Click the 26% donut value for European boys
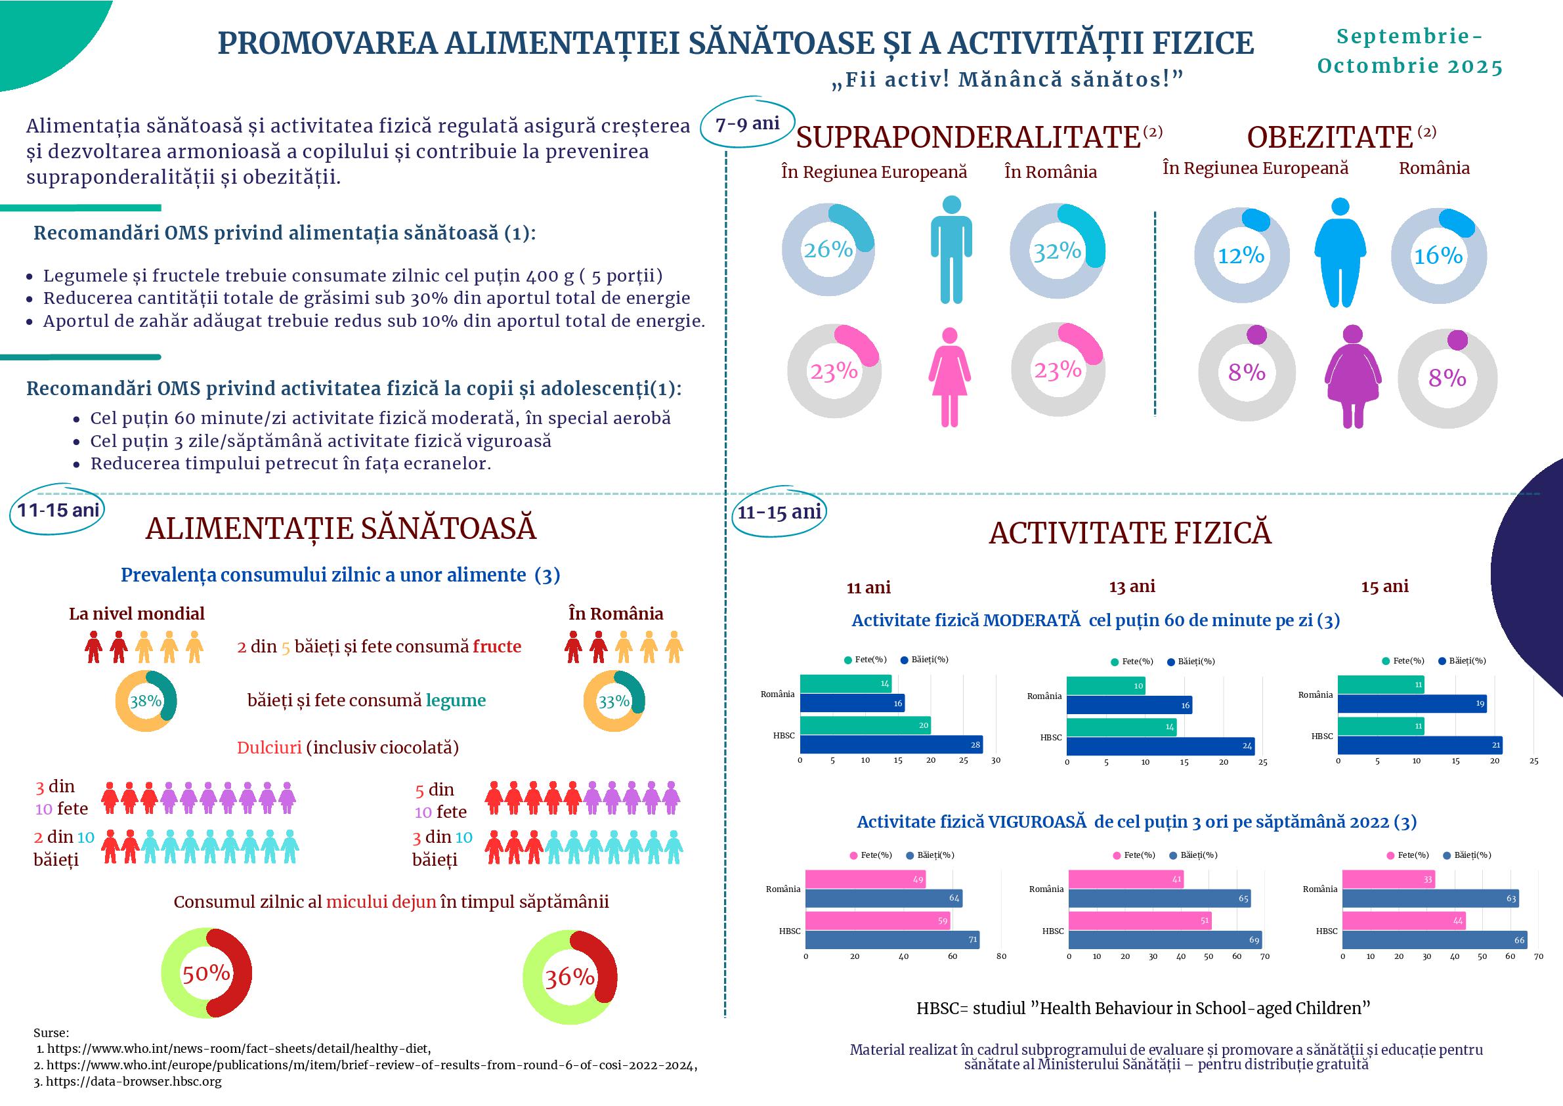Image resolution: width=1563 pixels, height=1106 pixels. (x=828, y=250)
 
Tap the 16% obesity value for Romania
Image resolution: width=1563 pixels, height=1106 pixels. (x=1438, y=256)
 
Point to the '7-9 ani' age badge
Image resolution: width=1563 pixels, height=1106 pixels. (x=747, y=123)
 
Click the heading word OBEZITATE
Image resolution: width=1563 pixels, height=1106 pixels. (x=1329, y=138)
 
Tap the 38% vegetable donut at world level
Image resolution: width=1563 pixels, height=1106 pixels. (x=146, y=701)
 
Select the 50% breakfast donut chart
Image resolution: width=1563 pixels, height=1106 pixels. (x=205, y=973)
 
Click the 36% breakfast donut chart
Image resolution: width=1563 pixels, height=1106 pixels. (x=569, y=977)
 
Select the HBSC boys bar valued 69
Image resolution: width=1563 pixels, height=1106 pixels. (x=1165, y=940)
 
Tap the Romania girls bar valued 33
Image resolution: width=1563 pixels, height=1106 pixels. (x=1388, y=879)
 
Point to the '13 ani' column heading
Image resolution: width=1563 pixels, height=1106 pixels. (x=1132, y=586)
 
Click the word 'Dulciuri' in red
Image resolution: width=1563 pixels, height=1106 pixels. (x=269, y=748)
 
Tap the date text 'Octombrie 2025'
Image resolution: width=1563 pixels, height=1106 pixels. (x=1410, y=66)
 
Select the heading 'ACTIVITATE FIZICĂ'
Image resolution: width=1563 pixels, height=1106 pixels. (x=1130, y=533)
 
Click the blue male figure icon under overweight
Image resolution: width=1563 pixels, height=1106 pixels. (x=951, y=249)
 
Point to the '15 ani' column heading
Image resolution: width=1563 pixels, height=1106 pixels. (x=1384, y=586)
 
